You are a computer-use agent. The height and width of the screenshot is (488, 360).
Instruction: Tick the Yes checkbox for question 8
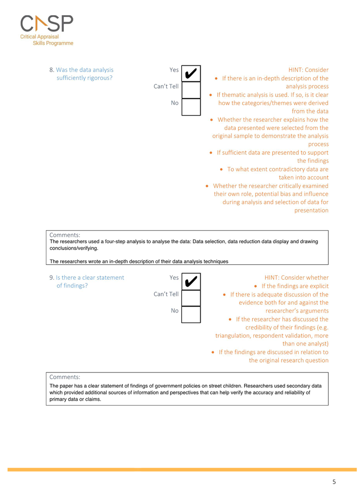tap(191, 74)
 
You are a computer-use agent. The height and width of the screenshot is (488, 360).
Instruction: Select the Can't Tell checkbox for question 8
tap(191, 90)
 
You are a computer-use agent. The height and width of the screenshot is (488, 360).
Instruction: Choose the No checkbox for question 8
tap(191, 107)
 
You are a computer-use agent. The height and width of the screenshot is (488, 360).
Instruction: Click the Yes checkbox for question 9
tap(191, 281)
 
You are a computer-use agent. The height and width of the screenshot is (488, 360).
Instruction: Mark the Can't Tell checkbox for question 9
tap(191, 298)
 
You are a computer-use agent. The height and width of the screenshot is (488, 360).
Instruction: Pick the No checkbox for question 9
tap(191, 314)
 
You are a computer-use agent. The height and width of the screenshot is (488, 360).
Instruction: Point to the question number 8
tap(52, 70)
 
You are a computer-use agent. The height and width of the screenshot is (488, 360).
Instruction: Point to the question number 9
tap(52, 277)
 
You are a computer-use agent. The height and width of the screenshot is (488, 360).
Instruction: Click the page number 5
tap(334, 482)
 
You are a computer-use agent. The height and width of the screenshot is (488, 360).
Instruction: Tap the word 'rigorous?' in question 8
tap(99, 78)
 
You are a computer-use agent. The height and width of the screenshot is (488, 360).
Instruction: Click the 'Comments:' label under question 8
tap(65, 234)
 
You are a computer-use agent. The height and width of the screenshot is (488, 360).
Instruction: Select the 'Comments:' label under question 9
tap(65, 377)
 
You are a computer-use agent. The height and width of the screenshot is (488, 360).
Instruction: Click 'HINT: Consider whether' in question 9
tap(296, 277)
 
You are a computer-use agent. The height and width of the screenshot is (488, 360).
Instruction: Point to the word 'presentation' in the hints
tap(311, 211)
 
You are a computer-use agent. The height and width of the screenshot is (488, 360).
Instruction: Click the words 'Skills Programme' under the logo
tap(53, 43)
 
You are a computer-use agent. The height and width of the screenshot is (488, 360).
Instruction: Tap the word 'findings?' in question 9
tap(72, 286)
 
